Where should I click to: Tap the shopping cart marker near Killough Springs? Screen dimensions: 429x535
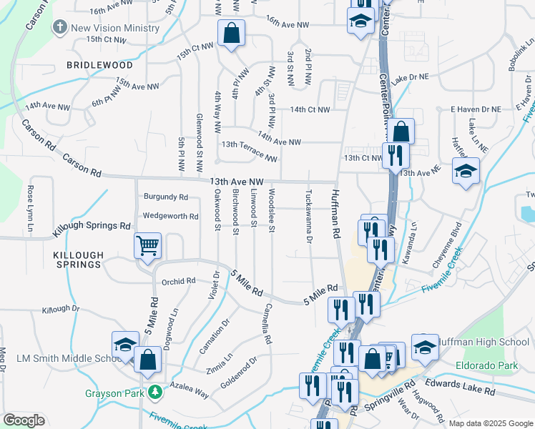147,247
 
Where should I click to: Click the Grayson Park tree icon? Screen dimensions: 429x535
154,393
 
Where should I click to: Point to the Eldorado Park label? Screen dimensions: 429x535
486,366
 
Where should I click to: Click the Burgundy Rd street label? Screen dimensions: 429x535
165,196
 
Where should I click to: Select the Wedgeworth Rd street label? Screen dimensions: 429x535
170,215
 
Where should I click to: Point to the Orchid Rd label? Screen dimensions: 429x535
178,281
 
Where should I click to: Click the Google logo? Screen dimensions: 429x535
24,420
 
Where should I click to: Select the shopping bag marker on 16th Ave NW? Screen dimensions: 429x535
231,34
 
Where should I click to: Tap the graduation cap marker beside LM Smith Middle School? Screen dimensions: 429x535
124,345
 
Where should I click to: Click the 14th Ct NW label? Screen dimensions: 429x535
310,109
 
